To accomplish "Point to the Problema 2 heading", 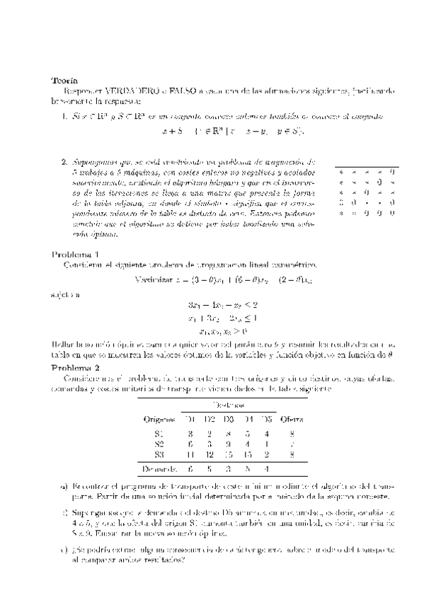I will [76, 368].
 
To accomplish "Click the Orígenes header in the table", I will [159, 418].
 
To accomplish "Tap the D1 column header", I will [190, 418].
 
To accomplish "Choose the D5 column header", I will [266, 418].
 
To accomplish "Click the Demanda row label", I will [159, 468].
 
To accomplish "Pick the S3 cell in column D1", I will [190, 454].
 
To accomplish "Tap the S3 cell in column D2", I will [209, 454].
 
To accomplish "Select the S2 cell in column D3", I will [228, 444].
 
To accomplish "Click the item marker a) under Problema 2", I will [65, 486].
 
